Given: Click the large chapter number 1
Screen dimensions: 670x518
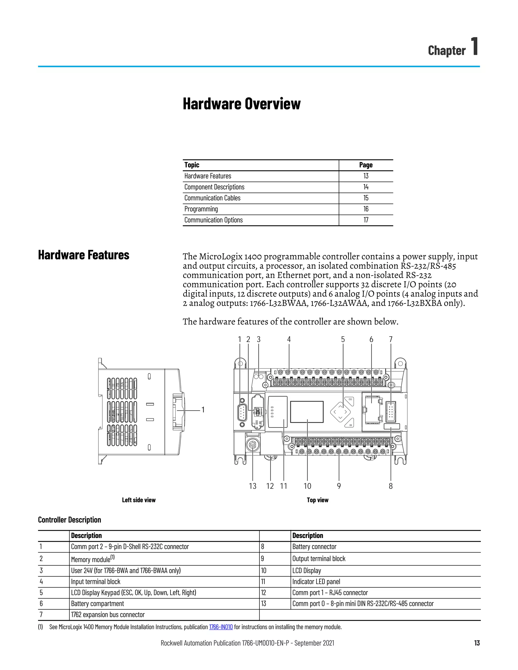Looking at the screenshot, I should coord(474,46).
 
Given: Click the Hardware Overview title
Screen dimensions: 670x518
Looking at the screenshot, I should coord(242,104).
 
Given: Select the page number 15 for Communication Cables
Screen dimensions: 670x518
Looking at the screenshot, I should coord(366,198).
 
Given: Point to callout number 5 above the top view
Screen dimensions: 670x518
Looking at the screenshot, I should coord(343,340).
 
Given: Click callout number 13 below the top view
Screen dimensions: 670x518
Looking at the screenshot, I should coord(253,486).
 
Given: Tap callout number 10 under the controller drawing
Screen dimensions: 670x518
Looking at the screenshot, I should coord(307,486).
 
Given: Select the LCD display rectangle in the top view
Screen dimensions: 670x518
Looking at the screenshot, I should coord(307,412).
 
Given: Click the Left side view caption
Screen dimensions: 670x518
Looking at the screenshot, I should coord(139,500).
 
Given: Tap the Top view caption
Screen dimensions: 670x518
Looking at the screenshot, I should coord(317,500).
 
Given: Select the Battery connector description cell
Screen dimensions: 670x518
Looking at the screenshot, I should coord(314,547).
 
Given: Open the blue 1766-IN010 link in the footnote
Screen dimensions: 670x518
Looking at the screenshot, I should coord(221,627).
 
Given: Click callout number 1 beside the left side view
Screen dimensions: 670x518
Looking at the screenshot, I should coord(203,410).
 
